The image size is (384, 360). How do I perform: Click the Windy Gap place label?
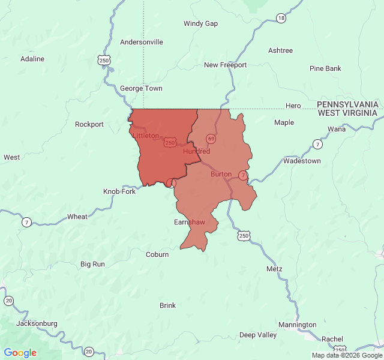coord(200,23)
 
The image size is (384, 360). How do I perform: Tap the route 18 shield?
coord(281,19)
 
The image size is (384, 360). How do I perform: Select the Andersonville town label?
coord(142,42)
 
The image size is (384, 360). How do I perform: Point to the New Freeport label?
coord(225,65)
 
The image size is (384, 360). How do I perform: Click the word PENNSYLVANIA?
coord(347,104)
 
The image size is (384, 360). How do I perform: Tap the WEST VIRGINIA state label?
coord(347,112)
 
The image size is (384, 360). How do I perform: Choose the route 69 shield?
coord(211,139)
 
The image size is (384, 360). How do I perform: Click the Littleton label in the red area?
coord(146,136)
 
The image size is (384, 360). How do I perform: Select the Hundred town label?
coord(196,151)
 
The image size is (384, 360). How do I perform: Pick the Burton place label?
coord(221,174)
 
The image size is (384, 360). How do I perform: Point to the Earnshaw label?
coord(189,222)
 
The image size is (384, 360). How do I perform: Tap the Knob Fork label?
coord(119,191)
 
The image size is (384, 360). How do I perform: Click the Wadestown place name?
coord(302,161)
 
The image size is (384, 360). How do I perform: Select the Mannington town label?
coord(298,325)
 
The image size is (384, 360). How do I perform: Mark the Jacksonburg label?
coord(37,323)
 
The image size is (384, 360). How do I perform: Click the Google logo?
coord(20,353)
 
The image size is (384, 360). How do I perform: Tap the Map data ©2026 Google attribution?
coord(346,355)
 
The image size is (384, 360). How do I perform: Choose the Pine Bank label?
coord(325,68)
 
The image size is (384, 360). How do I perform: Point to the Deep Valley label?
coord(258,335)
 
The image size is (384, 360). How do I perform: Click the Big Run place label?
coord(92,264)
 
